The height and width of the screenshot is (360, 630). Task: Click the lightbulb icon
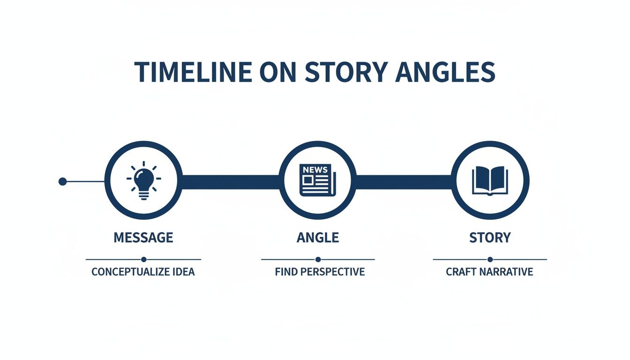pyautogui.click(x=143, y=181)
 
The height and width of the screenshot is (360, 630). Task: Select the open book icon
pyautogui.click(x=490, y=180)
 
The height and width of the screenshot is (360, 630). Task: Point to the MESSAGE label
pyautogui.click(x=143, y=237)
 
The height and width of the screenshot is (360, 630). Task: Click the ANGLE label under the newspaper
pyautogui.click(x=318, y=237)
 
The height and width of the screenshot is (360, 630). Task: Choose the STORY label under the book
pyautogui.click(x=490, y=237)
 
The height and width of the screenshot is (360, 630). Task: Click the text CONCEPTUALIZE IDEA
pyautogui.click(x=143, y=272)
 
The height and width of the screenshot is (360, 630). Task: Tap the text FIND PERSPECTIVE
pyautogui.click(x=320, y=272)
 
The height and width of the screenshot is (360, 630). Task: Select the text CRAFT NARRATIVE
pyautogui.click(x=489, y=272)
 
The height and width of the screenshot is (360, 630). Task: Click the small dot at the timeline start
pyautogui.click(x=62, y=181)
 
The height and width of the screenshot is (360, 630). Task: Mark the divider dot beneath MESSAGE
pyautogui.click(x=143, y=259)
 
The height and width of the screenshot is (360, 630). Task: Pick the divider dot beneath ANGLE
pyautogui.click(x=318, y=259)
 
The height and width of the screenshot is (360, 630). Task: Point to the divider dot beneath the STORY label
pyautogui.click(x=490, y=259)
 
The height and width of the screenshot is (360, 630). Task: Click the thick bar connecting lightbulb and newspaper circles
pyautogui.click(x=230, y=182)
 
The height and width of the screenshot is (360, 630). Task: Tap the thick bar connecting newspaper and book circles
pyautogui.click(x=404, y=182)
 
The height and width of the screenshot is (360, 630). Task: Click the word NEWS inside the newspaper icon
pyautogui.click(x=315, y=170)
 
